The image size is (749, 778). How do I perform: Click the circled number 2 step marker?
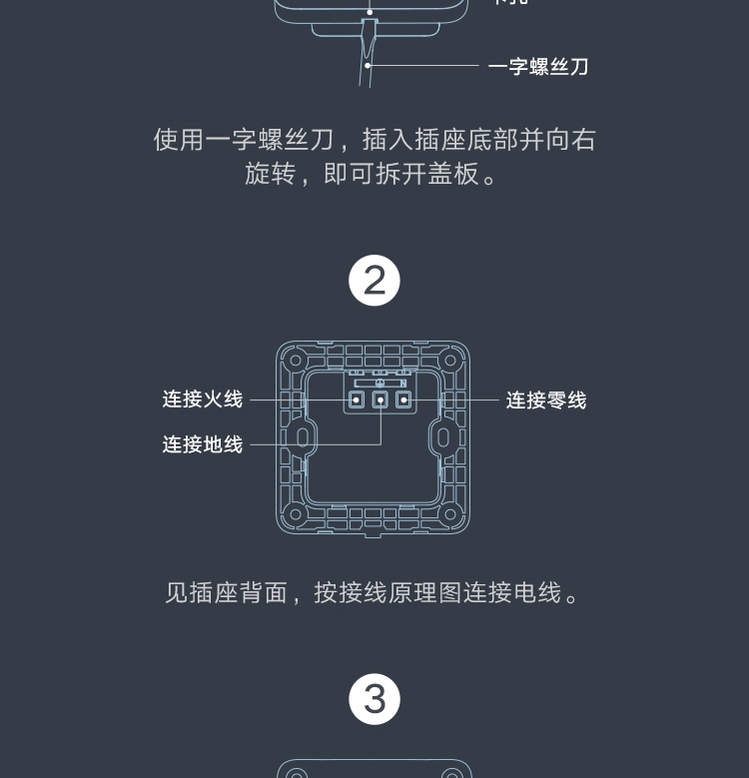tap(374, 282)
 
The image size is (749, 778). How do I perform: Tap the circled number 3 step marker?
tap(374, 699)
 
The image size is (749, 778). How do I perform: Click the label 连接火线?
tap(203, 399)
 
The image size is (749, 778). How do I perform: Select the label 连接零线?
tap(546, 400)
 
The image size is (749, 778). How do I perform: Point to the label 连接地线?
tap(203, 444)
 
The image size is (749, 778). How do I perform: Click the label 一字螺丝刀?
tap(538, 67)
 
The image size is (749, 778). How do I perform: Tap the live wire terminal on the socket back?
tap(357, 400)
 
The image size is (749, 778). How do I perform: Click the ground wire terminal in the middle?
tap(380, 400)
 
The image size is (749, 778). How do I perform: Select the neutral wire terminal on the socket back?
tap(403, 400)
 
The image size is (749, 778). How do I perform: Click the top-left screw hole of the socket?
tap(294, 359)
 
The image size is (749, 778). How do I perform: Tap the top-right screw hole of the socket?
tap(451, 359)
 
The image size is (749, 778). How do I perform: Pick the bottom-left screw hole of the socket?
tap(294, 515)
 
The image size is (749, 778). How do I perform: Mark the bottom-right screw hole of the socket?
tap(451, 515)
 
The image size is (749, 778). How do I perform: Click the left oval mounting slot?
tap(300, 437)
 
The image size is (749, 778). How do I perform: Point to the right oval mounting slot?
tap(445, 437)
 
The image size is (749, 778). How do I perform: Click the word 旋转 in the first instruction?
tap(271, 174)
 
